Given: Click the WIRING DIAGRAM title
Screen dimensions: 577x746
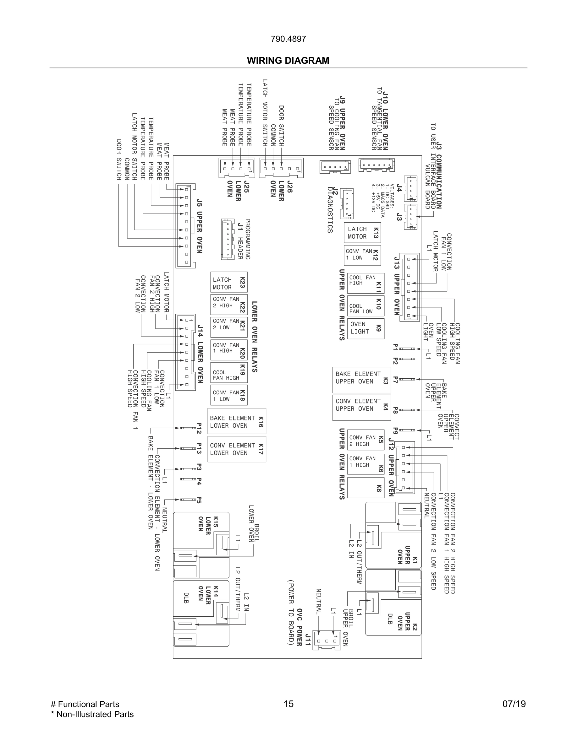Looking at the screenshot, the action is pyautogui.click(x=288, y=61).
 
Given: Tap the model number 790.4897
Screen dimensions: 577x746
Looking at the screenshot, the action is pyautogui.click(x=288, y=39).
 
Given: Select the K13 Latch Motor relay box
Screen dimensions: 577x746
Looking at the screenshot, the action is pyautogui.click(x=362, y=233).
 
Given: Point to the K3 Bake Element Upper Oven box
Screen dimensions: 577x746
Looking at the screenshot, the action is pyautogui.click(x=361, y=380).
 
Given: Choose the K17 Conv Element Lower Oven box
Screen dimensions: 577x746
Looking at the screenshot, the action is pyautogui.click(x=237, y=449).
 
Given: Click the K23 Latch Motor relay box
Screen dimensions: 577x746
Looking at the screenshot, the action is pyautogui.click(x=229, y=282).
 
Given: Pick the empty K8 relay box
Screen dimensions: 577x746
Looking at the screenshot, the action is pyautogui.click(x=365, y=487).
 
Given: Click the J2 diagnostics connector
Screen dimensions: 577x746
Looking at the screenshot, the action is pyautogui.click(x=347, y=203).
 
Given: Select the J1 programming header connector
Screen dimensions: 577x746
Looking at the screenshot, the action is pyautogui.click(x=227, y=239).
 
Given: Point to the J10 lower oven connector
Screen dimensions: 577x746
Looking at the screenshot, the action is pyautogui.click(x=376, y=165).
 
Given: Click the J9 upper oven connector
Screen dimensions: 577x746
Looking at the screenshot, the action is pyautogui.click(x=335, y=167).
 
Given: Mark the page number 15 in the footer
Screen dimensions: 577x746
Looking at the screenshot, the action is pyautogui.click(x=288, y=704).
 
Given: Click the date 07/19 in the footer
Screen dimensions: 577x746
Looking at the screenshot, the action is pyautogui.click(x=514, y=704).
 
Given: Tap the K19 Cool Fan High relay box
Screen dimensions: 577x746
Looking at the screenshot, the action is pyautogui.click(x=229, y=372).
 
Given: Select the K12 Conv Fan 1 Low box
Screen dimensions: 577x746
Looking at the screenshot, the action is pyautogui.click(x=362, y=255).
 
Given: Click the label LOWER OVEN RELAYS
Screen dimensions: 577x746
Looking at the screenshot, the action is pyautogui.click(x=255, y=337).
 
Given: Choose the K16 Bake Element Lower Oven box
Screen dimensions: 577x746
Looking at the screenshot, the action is pyautogui.click(x=237, y=421).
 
